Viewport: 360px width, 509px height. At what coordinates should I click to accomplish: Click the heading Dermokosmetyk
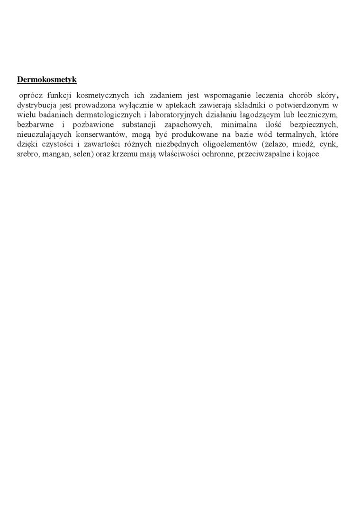point(46,79)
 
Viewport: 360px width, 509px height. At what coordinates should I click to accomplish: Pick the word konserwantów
point(101,134)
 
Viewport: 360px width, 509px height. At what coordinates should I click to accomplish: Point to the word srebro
point(27,154)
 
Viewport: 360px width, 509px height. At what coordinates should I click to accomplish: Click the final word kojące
point(307,154)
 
